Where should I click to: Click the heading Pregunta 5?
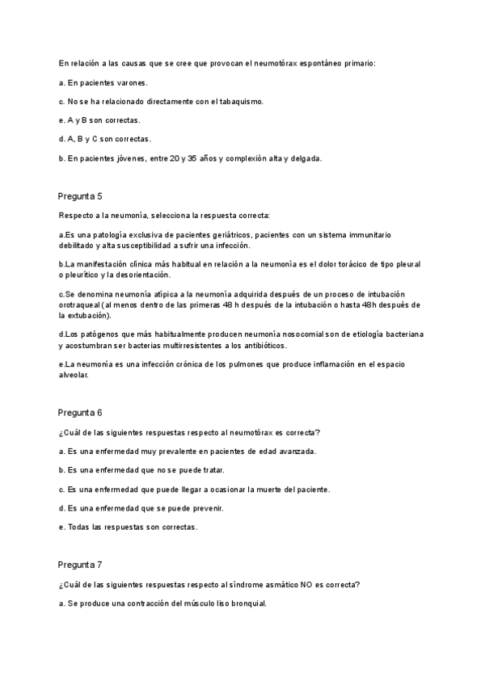[80, 196]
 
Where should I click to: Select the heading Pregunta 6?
[80, 412]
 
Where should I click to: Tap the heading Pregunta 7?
[80, 565]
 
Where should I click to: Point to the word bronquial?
[246, 603]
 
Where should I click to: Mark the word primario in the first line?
[357, 63]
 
